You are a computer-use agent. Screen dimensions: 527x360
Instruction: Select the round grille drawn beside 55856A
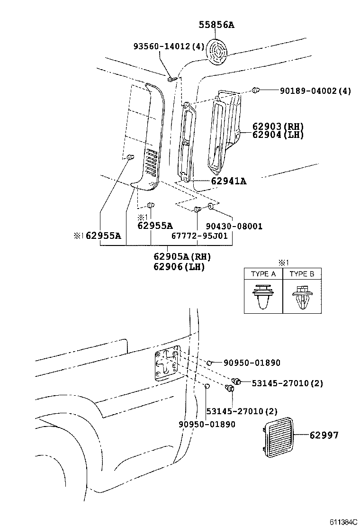click(219, 51)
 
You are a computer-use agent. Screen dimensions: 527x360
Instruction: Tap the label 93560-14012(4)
click(168, 46)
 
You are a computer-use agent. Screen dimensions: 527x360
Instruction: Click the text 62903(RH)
click(278, 127)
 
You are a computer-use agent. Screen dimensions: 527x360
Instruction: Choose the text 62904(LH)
click(278, 135)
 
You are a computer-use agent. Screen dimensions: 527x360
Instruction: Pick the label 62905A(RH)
click(181, 256)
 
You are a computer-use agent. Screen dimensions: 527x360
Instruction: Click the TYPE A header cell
click(263, 274)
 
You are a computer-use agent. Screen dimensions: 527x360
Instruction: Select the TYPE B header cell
click(302, 274)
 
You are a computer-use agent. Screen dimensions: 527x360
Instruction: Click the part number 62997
click(324, 435)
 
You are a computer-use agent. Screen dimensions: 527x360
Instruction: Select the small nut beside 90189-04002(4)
click(255, 90)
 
